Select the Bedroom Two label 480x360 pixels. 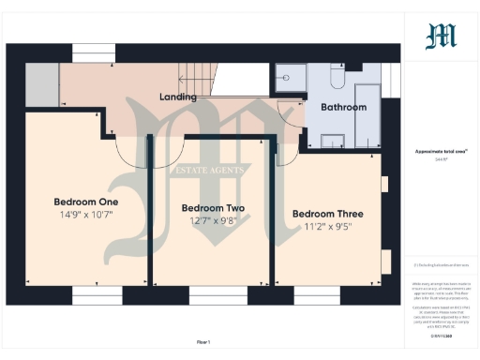coord(213,207)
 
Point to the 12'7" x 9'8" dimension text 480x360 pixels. coord(213,221)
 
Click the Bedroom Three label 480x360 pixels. coord(327,213)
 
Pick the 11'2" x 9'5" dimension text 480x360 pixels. coord(327,227)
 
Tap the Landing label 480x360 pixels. coord(177,97)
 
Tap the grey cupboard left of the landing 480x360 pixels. coord(41,85)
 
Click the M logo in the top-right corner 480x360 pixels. coord(442,36)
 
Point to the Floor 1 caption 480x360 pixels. coord(204,342)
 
